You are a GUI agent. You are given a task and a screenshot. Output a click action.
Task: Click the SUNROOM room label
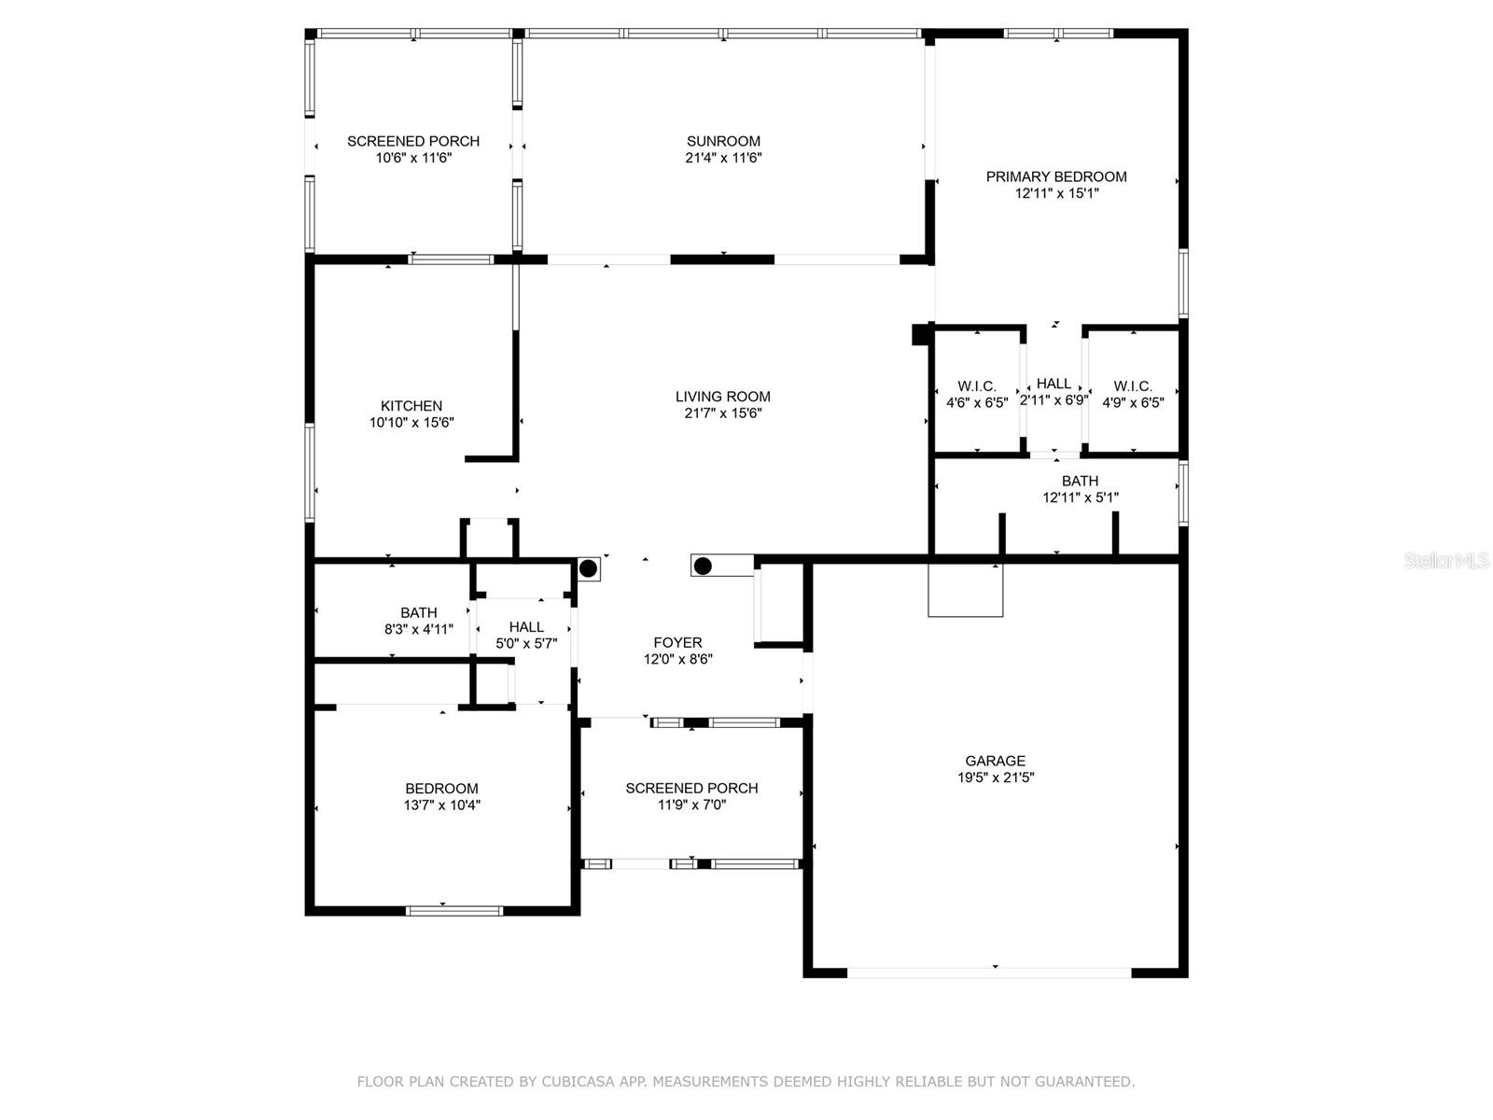pyautogui.click(x=723, y=142)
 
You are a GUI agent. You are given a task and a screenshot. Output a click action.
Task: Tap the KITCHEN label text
pyautogui.click(x=412, y=406)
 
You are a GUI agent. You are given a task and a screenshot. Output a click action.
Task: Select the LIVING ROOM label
pyautogui.click(x=723, y=397)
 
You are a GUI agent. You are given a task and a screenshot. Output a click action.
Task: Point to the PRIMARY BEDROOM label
pyautogui.click(x=1056, y=176)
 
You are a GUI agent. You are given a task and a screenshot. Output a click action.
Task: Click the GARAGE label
pyautogui.click(x=995, y=761)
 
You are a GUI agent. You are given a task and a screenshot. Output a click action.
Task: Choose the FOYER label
pyautogui.click(x=678, y=643)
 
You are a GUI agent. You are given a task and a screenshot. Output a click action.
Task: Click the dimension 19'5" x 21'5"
pyautogui.click(x=996, y=777)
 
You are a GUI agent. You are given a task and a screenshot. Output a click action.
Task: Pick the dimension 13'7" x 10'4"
pyautogui.click(x=442, y=805)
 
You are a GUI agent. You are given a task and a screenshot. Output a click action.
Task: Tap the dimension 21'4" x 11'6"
pyautogui.click(x=724, y=158)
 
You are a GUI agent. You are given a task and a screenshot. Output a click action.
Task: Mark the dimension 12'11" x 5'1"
pyautogui.click(x=1081, y=497)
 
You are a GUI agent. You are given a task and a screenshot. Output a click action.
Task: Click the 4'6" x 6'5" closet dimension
pyautogui.click(x=977, y=402)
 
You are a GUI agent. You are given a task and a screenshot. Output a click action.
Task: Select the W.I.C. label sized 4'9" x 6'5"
pyautogui.click(x=1133, y=386)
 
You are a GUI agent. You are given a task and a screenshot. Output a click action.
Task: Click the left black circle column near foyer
pyautogui.click(x=589, y=568)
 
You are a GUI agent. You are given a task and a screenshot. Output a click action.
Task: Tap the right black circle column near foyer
pyautogui.click(x=703, y=566)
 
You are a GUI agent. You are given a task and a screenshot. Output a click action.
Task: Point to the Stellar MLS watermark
pyautogui.click(x=1446, y=560)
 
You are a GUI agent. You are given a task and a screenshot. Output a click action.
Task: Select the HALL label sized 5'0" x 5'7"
pyautogui.click(x=526, y=627)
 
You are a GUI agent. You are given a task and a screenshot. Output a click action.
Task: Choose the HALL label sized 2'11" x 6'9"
pyautogui.click(x=1054, y=384)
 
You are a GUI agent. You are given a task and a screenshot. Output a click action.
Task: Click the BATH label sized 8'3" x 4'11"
pyautogui.click(x=419, y=612)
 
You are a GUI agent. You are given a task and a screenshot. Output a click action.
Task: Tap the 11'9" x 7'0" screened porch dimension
pyautogui.click(x=692, y=805)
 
